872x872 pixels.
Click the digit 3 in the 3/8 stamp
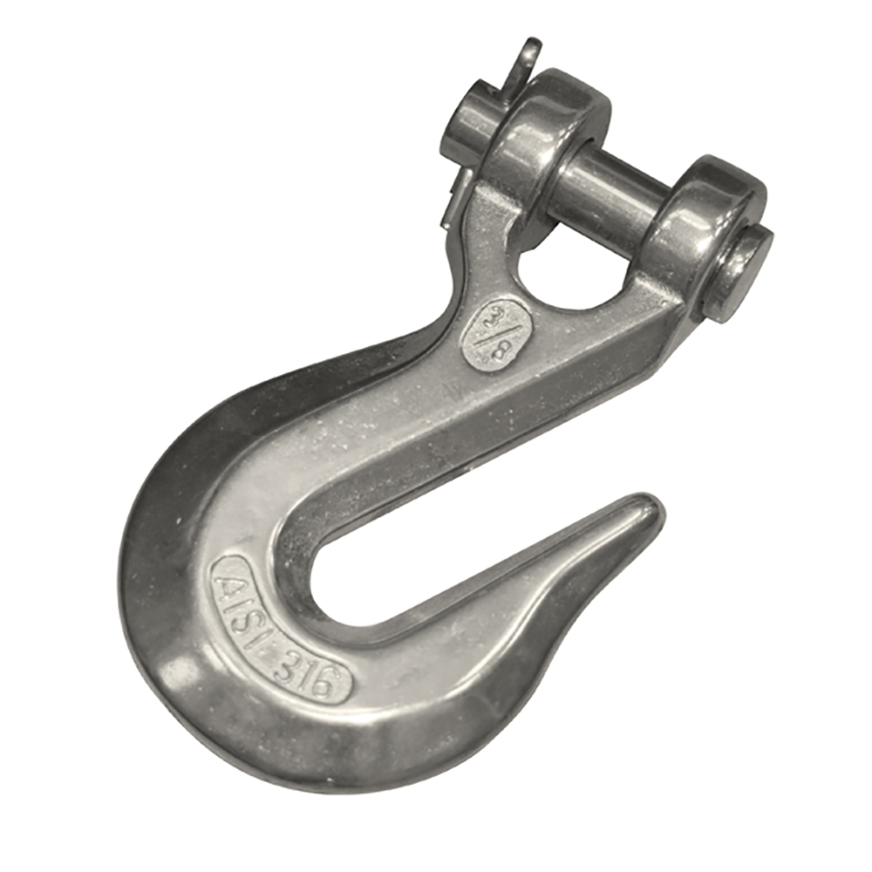495,318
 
